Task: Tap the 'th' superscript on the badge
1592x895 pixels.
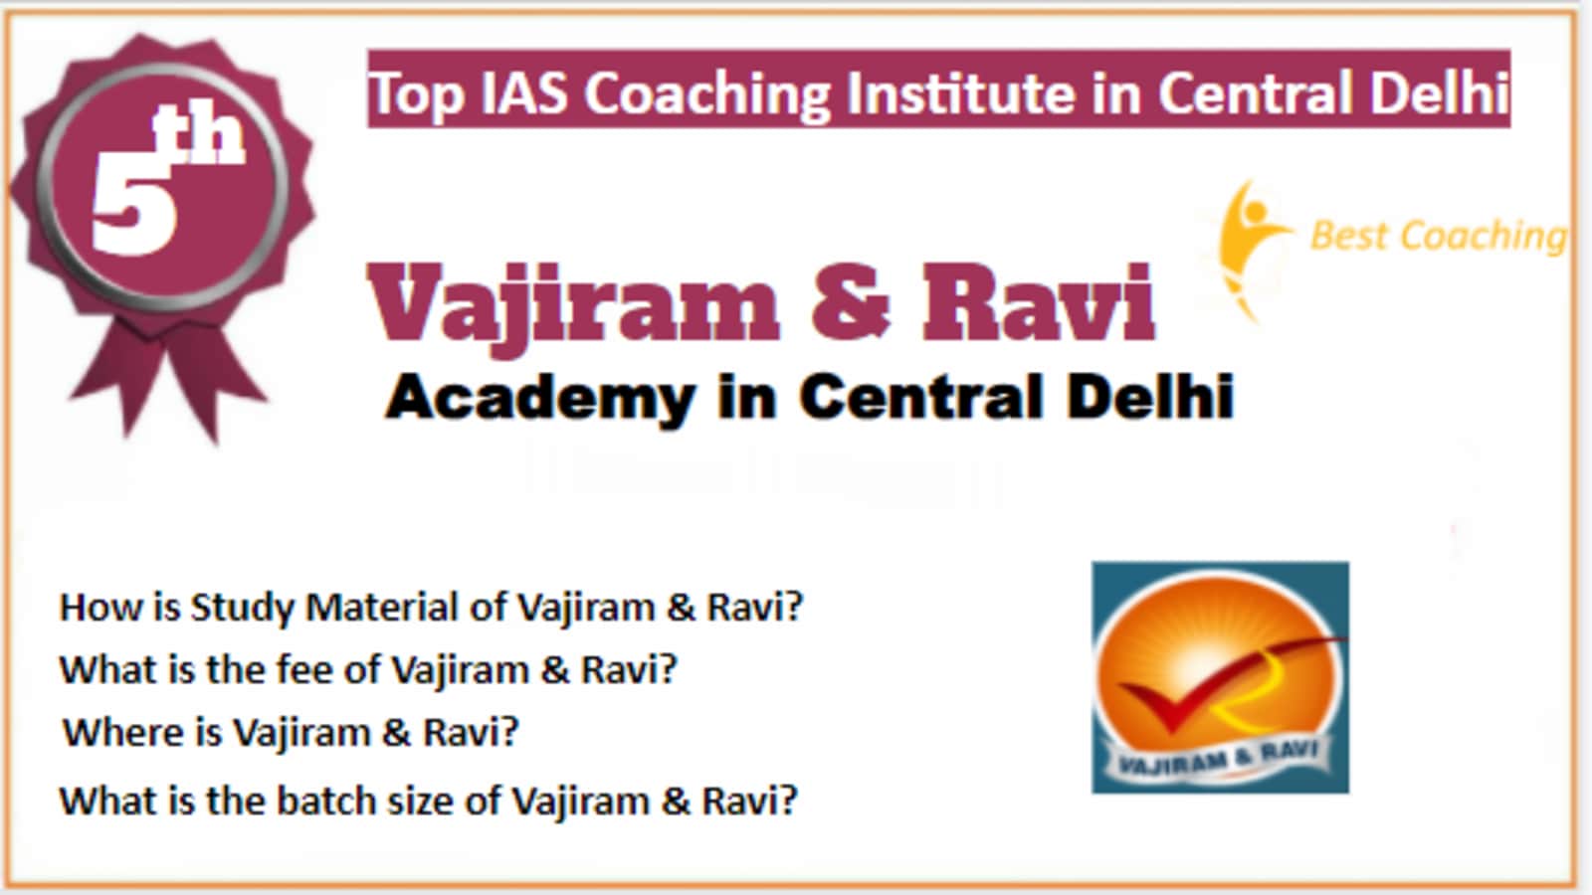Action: [200, 135]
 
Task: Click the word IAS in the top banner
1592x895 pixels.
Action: [524, 92]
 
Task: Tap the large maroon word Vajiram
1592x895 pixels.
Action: [573, 305]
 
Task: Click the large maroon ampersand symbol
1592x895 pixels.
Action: [850, 301]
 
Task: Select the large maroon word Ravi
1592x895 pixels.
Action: [1039, 301]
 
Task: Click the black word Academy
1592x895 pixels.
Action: [539, 399]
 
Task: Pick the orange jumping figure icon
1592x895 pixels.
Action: [1251, 250]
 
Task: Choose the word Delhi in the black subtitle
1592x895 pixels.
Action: [1150, 398]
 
